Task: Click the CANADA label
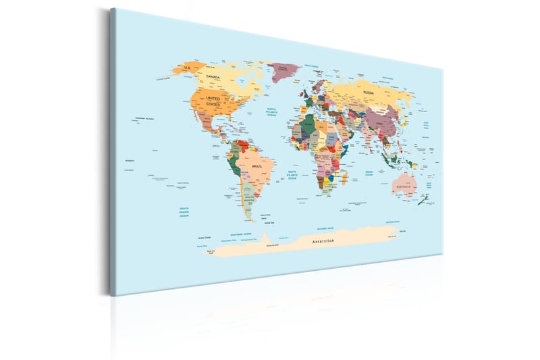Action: (213, 78)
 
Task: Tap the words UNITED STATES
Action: (213, 101)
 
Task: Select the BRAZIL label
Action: (256, 165)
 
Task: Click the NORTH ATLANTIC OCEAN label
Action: (272, 111)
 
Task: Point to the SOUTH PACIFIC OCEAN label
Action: (184, 211)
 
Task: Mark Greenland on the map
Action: (284, 70)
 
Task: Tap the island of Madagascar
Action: (346, 177)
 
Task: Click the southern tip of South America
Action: (250, 218)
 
